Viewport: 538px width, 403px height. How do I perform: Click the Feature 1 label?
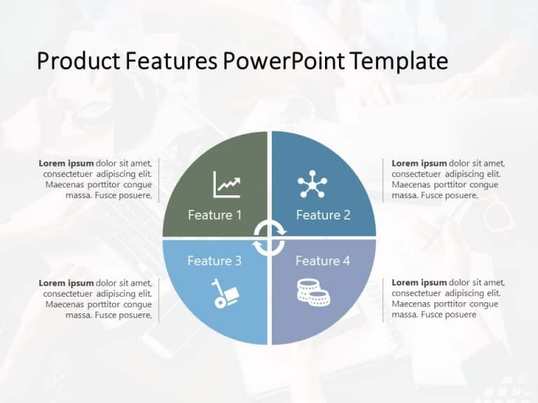click(x=214, y=215)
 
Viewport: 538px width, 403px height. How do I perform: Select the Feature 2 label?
click(x=323, y=215)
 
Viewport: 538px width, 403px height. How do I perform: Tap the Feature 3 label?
click(x=214, y=261)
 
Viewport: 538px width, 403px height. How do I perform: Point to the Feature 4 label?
click(x=322, y=261)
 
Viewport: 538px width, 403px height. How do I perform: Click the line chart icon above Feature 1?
click(x=227, y=185)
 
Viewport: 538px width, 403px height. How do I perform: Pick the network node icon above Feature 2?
click(x=312, y=183)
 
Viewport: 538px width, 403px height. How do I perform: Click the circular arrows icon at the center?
click(x=269, y=238)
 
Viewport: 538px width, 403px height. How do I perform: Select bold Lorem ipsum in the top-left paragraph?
click(x=67, y=164)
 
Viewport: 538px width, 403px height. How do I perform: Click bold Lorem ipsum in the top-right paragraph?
click(x=419, y=164)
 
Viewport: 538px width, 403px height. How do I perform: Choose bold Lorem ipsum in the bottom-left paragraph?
click(x=67, y=283)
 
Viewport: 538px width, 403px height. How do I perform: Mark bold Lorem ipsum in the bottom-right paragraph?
click(x=419, y=283)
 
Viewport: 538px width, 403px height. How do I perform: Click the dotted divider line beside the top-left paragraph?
click(x=159, y=180)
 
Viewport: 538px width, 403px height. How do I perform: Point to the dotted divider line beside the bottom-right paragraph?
click(x=382, y=299)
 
